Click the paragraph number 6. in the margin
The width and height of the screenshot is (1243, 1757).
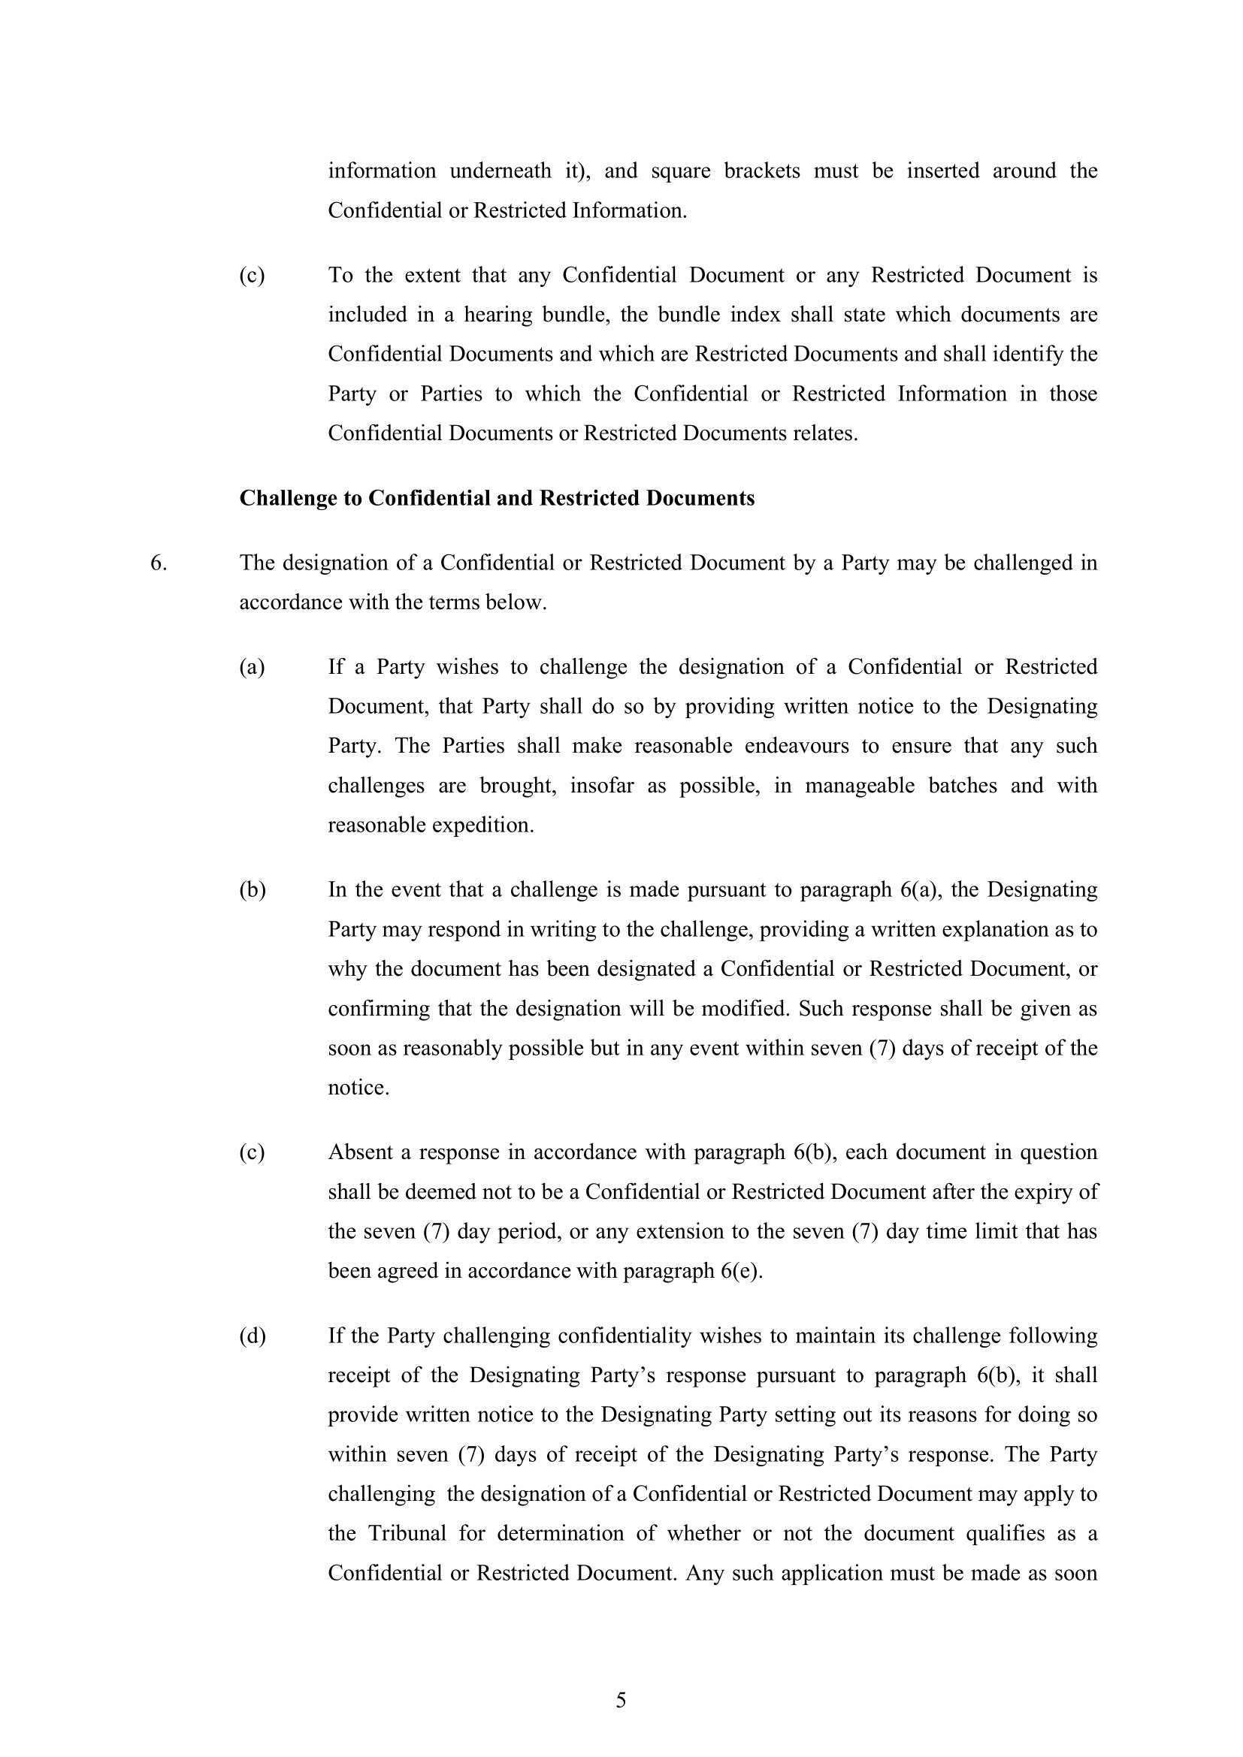(x=159, y=563)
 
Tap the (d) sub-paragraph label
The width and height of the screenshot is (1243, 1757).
(x=253, y=1336)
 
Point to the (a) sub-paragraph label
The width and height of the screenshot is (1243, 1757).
(x=252, y=667)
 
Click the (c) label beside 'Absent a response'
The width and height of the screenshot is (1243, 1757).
(x=252, y=1152)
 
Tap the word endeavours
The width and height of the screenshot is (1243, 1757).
(x=797, y=746)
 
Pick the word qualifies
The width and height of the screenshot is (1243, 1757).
(x=1011, y=1534)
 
